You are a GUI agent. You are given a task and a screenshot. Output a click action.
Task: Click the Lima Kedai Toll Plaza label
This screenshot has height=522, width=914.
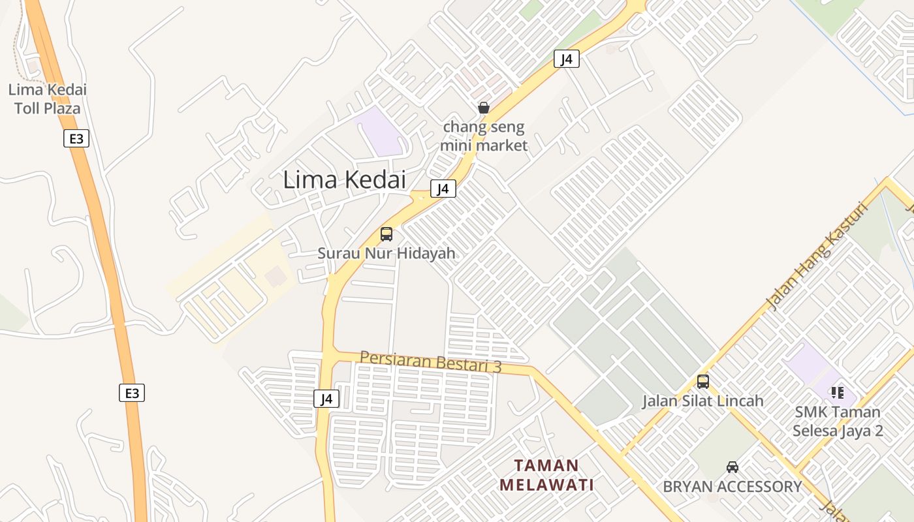click(x=47, y=99)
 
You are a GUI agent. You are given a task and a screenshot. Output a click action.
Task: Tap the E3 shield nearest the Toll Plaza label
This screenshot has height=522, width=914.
click(x=76, y=138)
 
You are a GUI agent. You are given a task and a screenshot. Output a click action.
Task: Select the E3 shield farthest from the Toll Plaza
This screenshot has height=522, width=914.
click(x=132, y=393)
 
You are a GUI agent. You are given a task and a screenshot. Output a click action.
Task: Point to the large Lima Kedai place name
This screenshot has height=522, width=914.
click(x=344, y=179)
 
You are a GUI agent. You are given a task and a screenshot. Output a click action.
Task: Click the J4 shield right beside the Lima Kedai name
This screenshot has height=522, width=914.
click(x=443, y=189)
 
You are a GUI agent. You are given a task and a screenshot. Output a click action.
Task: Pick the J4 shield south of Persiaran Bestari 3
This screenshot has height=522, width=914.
click(x=326, y=398)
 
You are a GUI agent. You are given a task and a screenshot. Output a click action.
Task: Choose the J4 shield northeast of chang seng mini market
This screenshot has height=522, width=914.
click(x=567, y=59)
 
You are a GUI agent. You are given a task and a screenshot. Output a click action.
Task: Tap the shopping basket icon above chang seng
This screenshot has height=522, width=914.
click(x=484, y=108)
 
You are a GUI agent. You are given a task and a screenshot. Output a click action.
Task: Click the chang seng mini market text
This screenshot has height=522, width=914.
click(x=483, y=136)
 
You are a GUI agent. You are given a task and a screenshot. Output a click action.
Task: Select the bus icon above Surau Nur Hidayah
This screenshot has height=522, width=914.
click(x=386, y=234)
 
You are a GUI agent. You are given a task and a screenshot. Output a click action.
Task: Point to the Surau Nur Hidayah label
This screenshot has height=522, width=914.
click(x=386, y=253)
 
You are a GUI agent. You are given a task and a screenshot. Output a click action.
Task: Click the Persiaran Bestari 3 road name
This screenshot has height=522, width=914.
click(x=431, y=361)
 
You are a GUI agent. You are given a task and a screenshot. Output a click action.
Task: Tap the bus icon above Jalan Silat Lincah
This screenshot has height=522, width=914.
click(x=703, y=382)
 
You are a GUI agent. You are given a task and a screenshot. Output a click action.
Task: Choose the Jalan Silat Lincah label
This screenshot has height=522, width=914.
click(x=703, y=401)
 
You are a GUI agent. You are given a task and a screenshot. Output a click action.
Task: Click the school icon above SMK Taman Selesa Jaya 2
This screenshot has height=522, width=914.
click(x=838, y=393)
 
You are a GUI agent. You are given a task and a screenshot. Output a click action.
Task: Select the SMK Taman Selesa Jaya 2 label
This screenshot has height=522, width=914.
click(x=838, y=422)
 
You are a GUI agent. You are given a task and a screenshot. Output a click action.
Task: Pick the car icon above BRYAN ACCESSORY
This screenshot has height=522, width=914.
click(x=733, y=467)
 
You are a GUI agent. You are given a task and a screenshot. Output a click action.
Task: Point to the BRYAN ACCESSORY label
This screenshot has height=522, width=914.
click(x=733, y=487)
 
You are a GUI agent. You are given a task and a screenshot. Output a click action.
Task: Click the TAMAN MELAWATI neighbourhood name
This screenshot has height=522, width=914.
click(x=547, y=475)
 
